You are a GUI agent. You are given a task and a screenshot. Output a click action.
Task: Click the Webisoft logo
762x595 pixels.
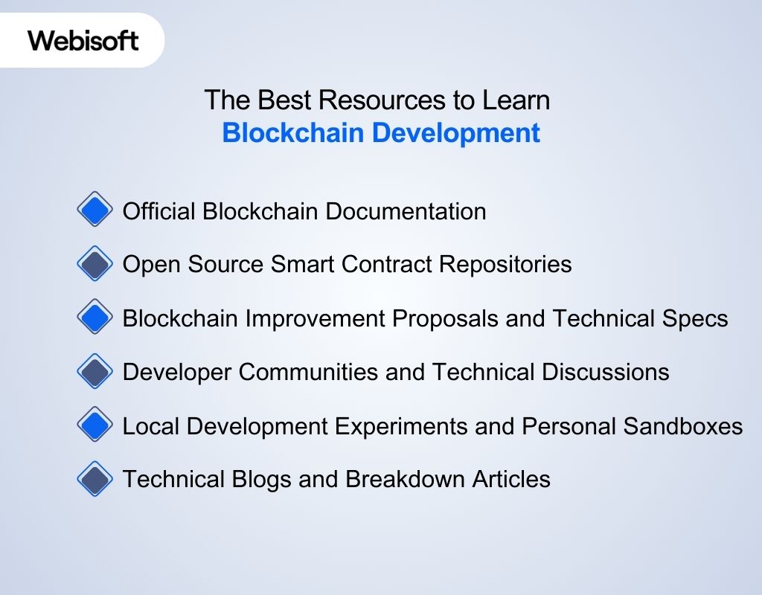(x=83, y=40)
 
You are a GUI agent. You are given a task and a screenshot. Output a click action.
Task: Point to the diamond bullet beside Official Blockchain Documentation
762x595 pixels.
(x=95, y=210)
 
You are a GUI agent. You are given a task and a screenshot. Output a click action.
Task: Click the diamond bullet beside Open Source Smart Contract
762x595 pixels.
(x=95, y=264)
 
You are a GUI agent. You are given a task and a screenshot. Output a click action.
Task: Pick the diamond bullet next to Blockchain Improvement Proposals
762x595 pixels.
(x=95, y=318)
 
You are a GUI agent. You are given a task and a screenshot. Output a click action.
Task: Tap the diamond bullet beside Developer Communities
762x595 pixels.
(x=95, y=371)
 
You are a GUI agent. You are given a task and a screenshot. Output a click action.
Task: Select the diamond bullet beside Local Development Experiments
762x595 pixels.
(x=95, y=425)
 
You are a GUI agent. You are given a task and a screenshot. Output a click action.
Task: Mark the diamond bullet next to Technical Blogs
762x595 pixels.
(x=95, y=479)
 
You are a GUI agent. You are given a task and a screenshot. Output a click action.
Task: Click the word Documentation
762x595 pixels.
(x=406, y=211)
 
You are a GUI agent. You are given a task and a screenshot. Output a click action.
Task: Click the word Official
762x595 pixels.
(x=159, y=211)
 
